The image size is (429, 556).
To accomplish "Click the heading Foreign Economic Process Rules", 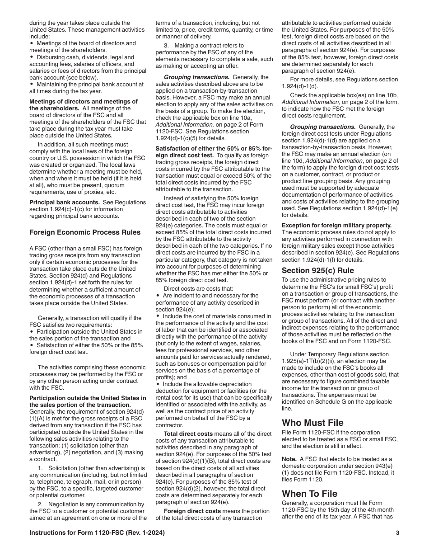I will [85, 232].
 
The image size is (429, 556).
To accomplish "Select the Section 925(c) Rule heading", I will [318, 271].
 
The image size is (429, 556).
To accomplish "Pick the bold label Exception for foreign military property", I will [336, 225].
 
